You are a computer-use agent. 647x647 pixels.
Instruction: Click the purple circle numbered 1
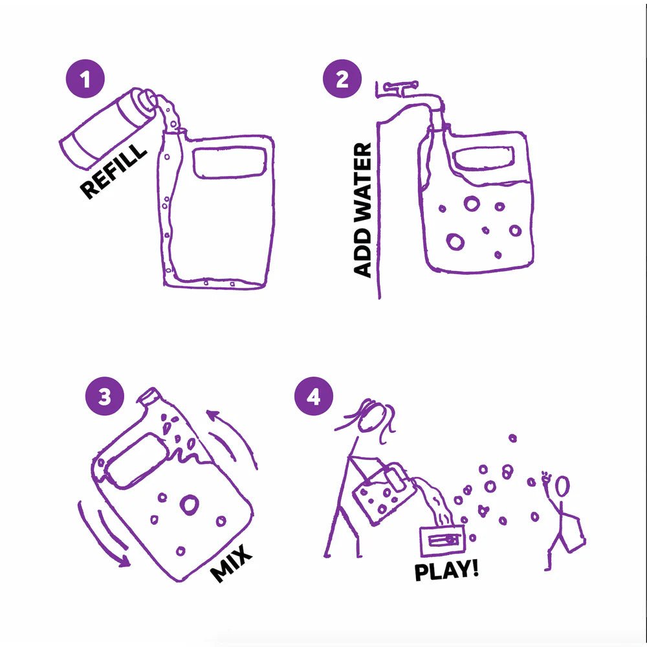(85, 79)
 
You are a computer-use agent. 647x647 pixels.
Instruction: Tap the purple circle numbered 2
(342, 79)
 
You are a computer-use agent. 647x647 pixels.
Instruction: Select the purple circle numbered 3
(105, 397)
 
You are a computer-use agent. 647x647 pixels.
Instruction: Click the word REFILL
(113, 171)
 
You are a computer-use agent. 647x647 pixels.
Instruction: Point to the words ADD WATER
(363, 210)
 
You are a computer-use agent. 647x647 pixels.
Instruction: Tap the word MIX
(231, 563)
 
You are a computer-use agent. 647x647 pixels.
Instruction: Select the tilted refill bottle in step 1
(108, 127)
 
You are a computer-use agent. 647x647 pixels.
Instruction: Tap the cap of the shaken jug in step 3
(148, 396)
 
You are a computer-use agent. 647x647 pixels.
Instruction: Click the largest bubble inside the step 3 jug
(190, 504)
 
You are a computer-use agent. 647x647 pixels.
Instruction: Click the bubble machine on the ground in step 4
(443, 540)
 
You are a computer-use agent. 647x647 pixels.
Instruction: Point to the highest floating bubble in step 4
(512, 438)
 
